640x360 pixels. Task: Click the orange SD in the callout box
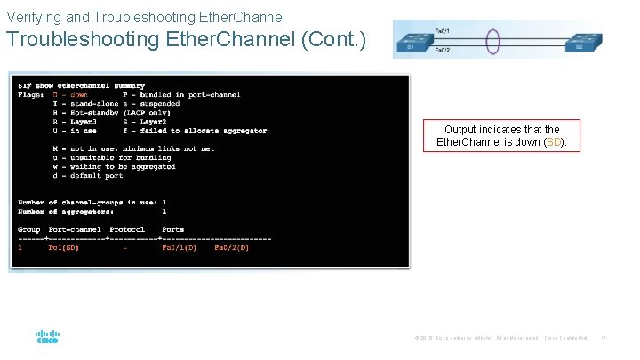tap(551, 142)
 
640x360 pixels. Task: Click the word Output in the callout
tap(461, 130)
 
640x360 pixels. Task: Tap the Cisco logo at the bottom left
tap(47, 338)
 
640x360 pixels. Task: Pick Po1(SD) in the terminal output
tap(64, 248)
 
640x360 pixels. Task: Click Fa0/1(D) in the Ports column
tap(179, 248)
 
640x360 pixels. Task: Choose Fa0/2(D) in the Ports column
tap(231, 248)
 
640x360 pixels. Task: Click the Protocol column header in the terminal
tap(127, 229)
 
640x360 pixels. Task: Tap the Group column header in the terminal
tap(29, 229)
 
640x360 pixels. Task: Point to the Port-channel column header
tap(75, 229)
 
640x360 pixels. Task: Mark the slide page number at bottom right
tap(604, 338)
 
